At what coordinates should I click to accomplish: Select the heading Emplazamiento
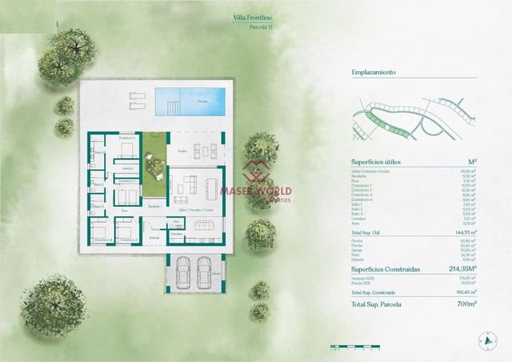[x=374, y=72]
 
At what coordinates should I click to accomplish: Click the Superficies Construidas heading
[x=386, y=269]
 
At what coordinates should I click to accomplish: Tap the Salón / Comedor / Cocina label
[x=195, y=209]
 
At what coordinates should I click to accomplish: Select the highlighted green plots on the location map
[x=376, y=122]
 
